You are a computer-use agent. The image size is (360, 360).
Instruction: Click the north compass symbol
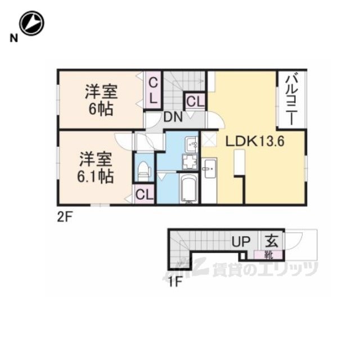coord(31,23)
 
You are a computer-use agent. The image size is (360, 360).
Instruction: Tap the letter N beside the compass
coord(13,38)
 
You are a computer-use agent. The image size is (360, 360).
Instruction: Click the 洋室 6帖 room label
coord(101,100)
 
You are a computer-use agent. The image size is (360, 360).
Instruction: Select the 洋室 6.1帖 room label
coord(96,168)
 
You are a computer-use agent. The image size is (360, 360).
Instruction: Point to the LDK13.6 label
coord(255,141)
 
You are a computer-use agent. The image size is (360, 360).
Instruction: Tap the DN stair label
coord(173,117)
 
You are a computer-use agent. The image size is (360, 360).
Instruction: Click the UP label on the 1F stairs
coord(241,241)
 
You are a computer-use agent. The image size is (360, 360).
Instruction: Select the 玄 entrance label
coord(272,241)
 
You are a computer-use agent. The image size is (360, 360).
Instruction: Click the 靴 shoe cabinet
coord(268,255)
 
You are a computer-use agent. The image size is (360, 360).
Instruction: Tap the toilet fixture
coord(144,171)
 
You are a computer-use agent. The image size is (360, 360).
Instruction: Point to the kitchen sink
coord(210,169)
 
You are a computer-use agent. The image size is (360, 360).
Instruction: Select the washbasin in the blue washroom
coord(192,145)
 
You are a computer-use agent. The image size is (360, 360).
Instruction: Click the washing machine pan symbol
coord(190,162)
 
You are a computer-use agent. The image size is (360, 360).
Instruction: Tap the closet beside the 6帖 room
coord(153,91)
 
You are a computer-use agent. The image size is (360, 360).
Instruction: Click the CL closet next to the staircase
coord(195,101)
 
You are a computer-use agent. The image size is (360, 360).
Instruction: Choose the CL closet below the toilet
coord(144,194)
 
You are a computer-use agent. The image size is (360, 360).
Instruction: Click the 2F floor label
coord(65,217)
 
